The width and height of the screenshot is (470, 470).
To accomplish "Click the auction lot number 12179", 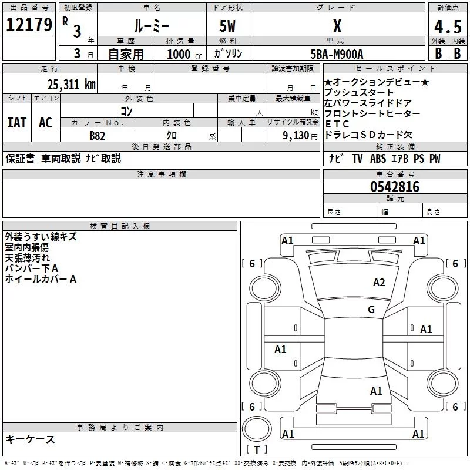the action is (29, 26).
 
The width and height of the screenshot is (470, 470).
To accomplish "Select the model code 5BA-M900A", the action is (337, 53).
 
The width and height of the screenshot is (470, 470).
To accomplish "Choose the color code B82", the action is (97, 135).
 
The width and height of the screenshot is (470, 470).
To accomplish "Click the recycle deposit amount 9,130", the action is (297, 136).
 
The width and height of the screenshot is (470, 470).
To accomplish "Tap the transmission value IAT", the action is (16, 123).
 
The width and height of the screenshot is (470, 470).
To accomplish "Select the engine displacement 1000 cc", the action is (183, 54).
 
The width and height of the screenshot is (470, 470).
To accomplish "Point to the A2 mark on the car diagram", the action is (379, 283).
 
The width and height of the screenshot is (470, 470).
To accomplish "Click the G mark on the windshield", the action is (371, 310).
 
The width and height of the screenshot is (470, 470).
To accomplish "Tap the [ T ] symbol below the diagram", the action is (257, 449).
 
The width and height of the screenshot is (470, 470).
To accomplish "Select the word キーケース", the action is (30, 439).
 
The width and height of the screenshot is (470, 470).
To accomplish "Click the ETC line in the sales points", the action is (337, 124).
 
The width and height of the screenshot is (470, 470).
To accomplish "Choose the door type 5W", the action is (229, 26).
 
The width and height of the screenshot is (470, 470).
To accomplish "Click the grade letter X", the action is (337, 26).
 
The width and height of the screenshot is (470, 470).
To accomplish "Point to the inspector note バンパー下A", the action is (32, 268).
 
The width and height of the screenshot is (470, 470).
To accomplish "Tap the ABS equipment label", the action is (378, 159).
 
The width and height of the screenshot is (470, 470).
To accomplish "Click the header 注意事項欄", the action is (161, 174).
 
